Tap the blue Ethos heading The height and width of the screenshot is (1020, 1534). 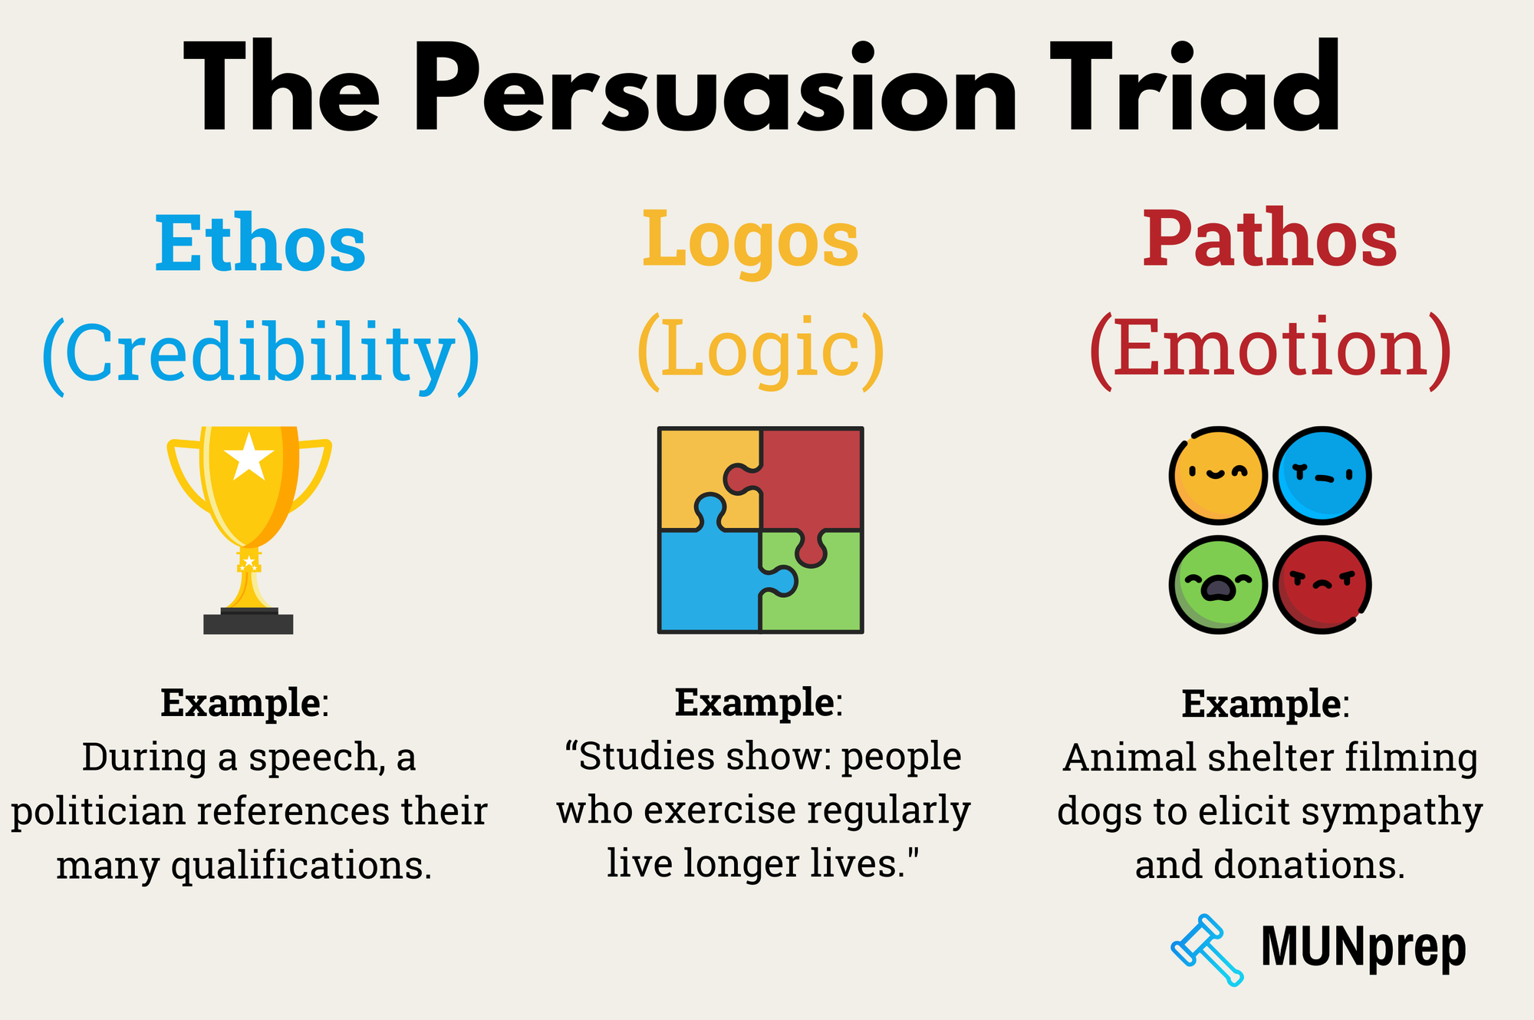tap(260, 243)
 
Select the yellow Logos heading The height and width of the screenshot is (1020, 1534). tap(749, 239)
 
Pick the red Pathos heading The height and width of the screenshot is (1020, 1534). tap(1269, 239)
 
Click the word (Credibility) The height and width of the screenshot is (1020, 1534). tap(260, 353)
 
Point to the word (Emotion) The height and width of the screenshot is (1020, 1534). tap(1269, 349)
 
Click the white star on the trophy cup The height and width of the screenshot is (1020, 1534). tap(249, 457)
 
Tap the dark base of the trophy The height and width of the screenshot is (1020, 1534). tap(248, 623)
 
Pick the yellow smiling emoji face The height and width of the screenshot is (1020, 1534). tap(1217, 476)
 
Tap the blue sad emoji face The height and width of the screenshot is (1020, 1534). tap(1322, 476)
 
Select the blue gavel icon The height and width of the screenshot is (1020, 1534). tap(1206, 949)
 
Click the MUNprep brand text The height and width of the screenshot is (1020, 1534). tap(1363, 948)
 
